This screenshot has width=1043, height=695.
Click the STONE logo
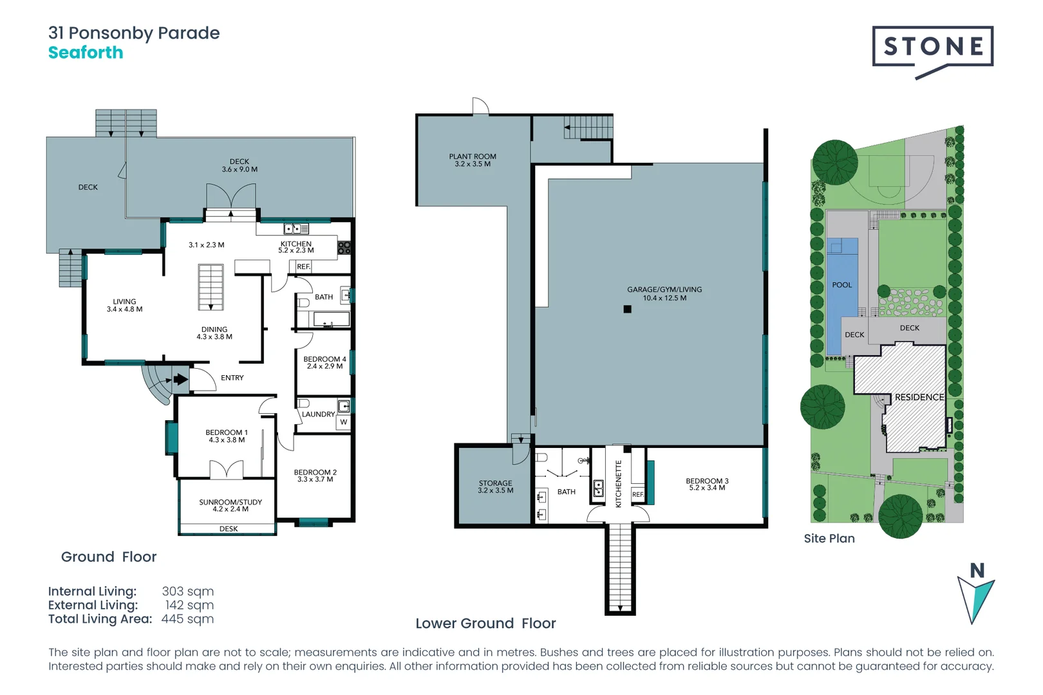tap(932, 47)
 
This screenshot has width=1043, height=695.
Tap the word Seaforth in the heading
tap(86, 53)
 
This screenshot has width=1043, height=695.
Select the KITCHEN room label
tap(296, 244)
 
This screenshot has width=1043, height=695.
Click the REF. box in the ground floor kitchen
tap(303, 266)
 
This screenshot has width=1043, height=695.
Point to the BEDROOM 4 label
tap(324, 359)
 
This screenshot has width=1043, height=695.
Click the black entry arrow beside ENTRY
tap(181, 379)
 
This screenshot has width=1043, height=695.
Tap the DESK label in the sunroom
tap(229, 529)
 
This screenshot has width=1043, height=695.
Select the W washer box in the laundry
tap(343, 422)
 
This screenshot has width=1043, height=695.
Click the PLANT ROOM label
tap(473, 156)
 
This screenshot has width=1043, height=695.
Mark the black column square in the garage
tap(628, 310)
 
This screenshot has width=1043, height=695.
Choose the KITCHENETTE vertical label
tap(619, 484)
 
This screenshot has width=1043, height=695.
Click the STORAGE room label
tap(495, 483)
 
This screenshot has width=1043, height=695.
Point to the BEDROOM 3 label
tap(707, 481)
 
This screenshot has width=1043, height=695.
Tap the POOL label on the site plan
tap(841, 285)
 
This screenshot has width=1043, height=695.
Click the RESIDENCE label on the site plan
tap(919, 397)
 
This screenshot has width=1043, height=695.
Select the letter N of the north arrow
tap(977, 571)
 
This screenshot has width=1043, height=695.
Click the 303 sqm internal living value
tap(187, 591)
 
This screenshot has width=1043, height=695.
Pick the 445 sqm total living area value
tap(187, 619)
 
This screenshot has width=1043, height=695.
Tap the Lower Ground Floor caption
tap(485, 624)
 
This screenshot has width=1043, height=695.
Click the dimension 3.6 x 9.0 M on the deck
tap(240, 170)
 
